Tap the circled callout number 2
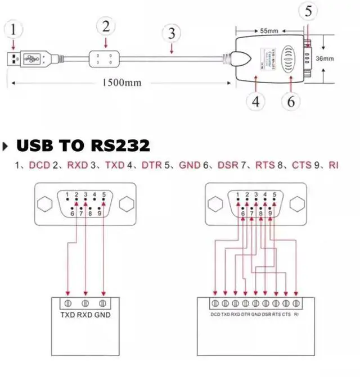106,26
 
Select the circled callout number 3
172,33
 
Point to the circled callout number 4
256,102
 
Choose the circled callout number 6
291,102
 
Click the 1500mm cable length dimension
121,83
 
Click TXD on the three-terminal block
68,315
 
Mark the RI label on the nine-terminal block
296,315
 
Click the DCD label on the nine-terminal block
215,315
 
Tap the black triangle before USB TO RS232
6,147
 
